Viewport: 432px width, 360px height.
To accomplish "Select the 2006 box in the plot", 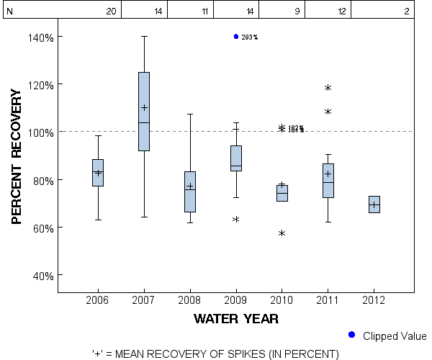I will click(98, 173).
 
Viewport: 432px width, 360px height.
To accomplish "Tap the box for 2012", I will click(374, 204).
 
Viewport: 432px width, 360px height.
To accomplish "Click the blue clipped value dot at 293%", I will click(236, 37).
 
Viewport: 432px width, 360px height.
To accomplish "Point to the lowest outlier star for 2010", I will click(282, 233).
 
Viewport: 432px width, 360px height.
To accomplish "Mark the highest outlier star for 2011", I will click(328, 88).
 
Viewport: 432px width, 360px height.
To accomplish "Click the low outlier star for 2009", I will click(236, 219).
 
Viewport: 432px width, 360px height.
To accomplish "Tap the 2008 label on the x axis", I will click(190, 299).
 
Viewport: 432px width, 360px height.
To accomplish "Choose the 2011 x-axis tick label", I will click(328, 299).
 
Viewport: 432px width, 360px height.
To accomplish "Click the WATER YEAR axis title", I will click(236, 318).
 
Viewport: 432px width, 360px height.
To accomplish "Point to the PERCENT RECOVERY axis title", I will click(17, 156).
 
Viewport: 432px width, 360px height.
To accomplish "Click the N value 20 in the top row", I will click(111, 12).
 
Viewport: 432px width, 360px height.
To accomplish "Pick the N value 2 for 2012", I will click(407, 12).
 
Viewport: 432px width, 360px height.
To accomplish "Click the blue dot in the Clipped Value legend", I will click(351, 335).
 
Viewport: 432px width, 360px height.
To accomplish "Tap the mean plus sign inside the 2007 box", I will click(144, 107).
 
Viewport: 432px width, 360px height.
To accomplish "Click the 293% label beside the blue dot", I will click(250, 37).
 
